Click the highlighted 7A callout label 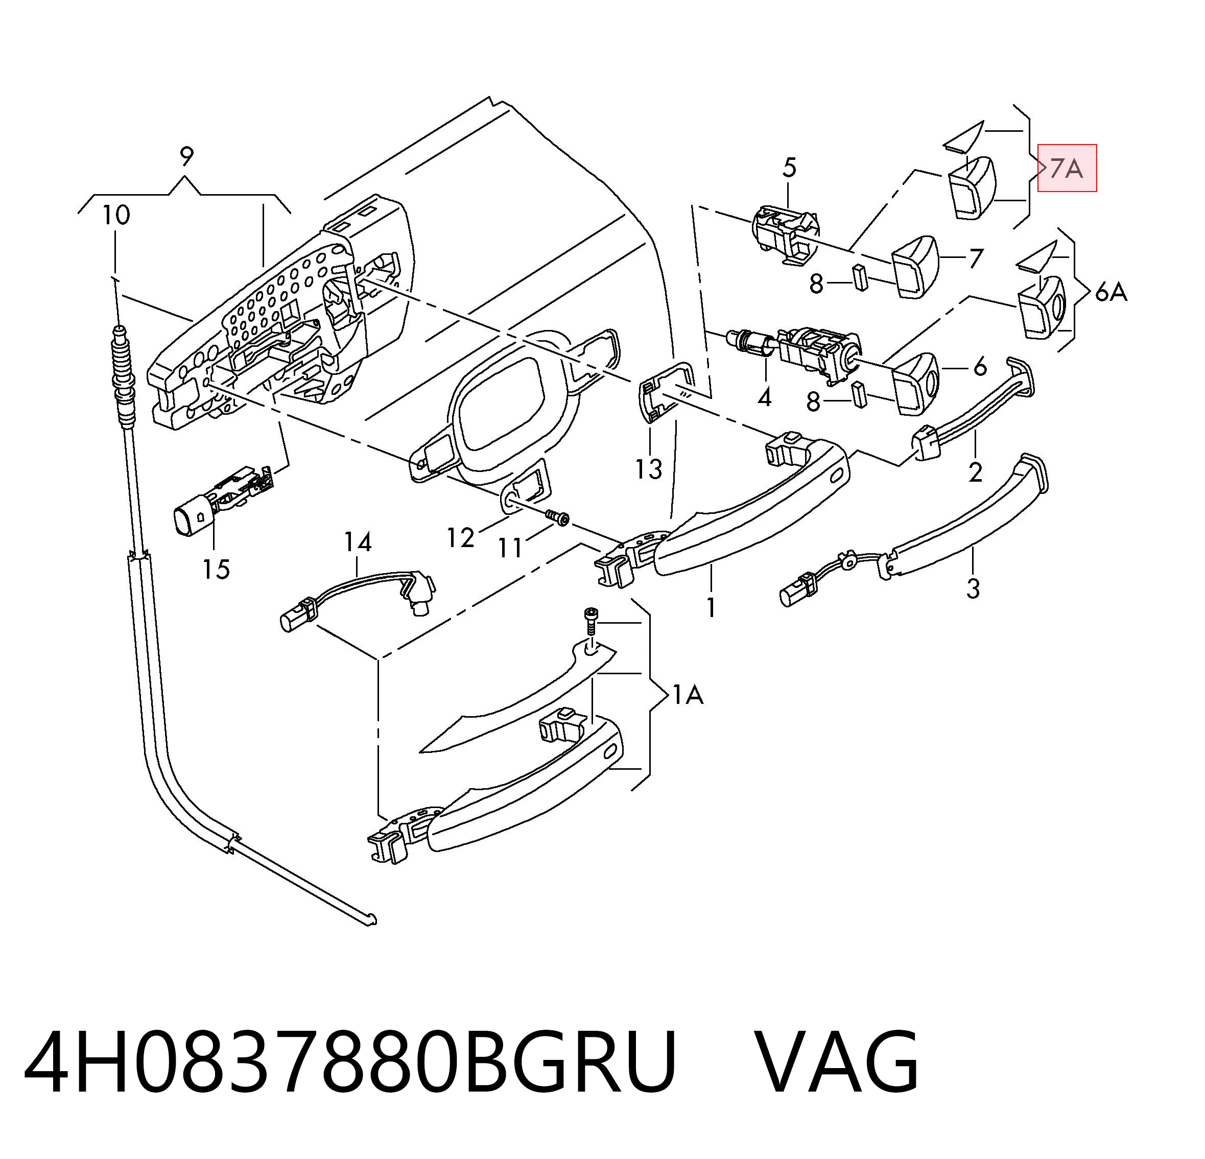pyautogui.click(x=1067, y=168)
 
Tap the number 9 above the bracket pyautogui.click(x=187, y=157)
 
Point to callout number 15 pyautogui.click(x=217, y=570)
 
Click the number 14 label pyautogui.click(x=357, y=542)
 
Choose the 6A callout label pyautogui.click(x=1111, y=292)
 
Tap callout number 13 pyautogui.click(x=649, y=469)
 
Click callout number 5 pyautogui.click(x=789, y=167)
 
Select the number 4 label pyautogui.click(x=764, y=398)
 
